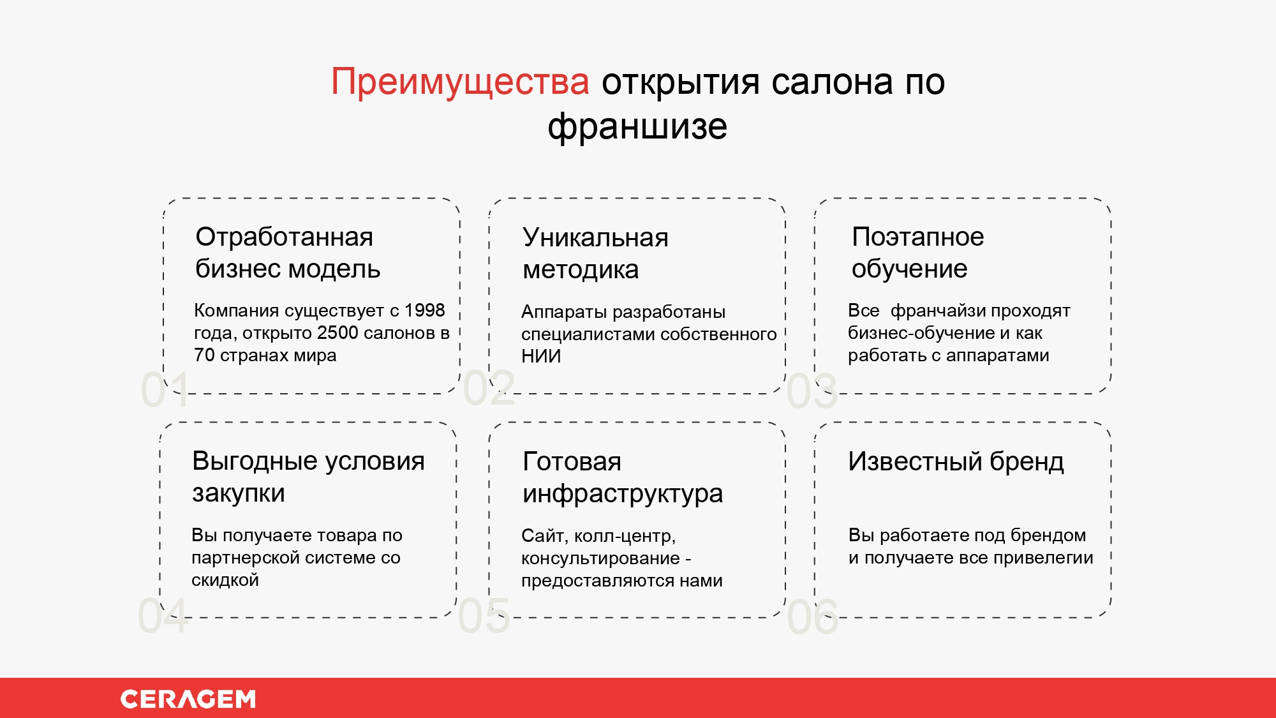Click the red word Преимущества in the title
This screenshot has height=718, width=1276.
tap(459, 82)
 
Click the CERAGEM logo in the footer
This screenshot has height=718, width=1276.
tap(188, 699)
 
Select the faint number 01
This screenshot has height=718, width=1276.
tap(165, 389)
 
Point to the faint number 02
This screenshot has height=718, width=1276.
tap(489, 387)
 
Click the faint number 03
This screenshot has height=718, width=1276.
tap(812, 391)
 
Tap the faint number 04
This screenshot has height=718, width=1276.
tap(163, 616)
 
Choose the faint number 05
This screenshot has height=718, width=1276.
tap(484, 616)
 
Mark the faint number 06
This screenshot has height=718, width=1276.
tap(812, 617)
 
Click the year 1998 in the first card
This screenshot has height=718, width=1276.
tap(424, 310)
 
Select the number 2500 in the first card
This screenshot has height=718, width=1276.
tap(338, 333)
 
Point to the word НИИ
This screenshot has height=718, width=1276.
tap(541, 356)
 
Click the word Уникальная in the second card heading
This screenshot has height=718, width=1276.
tap(595, 237)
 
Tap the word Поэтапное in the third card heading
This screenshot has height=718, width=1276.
tap(917, 237)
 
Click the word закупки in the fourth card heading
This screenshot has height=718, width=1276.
tap(238, 493)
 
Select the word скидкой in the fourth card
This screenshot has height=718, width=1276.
tap(225, 580)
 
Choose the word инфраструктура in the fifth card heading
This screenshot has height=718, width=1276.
tap(622, 494)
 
